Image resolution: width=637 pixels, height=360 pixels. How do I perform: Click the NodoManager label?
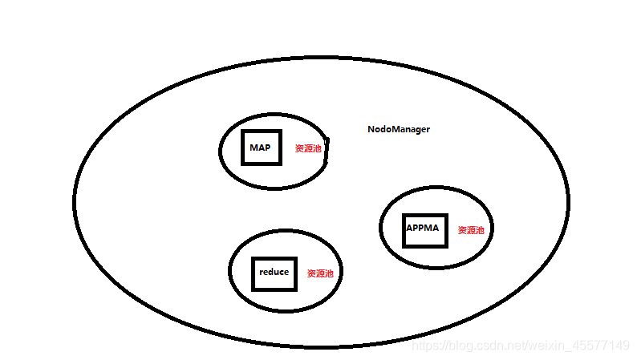click(399, 129)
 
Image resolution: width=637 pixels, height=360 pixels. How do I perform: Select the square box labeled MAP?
click(261, 148)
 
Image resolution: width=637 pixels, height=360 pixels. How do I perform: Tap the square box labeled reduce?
click(274, 273)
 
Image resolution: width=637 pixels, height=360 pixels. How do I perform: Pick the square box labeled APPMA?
click(423, 229)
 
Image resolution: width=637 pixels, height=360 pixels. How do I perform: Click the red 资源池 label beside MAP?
click(308, 148)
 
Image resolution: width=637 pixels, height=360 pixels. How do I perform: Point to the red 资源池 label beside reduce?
click(320, 273)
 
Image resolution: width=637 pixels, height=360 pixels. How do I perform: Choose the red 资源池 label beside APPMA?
click(471, 230)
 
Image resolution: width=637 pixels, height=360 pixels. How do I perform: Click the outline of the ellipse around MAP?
click(274, 114)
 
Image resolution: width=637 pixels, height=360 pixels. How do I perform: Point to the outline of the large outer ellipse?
click(321, 58)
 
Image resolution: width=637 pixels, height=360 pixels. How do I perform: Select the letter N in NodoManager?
click(371, 129)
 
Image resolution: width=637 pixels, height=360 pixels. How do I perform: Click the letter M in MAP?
click(254, 148)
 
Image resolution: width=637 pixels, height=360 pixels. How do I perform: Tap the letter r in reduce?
click(262, 273)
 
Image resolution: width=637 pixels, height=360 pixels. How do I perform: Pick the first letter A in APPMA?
click(409, 229)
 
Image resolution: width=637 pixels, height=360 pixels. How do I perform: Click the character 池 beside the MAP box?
click(317, 148)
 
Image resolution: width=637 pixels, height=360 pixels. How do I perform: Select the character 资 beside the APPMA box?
click(462, 230)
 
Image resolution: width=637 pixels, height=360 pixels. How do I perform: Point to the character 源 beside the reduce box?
click(320, 273)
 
